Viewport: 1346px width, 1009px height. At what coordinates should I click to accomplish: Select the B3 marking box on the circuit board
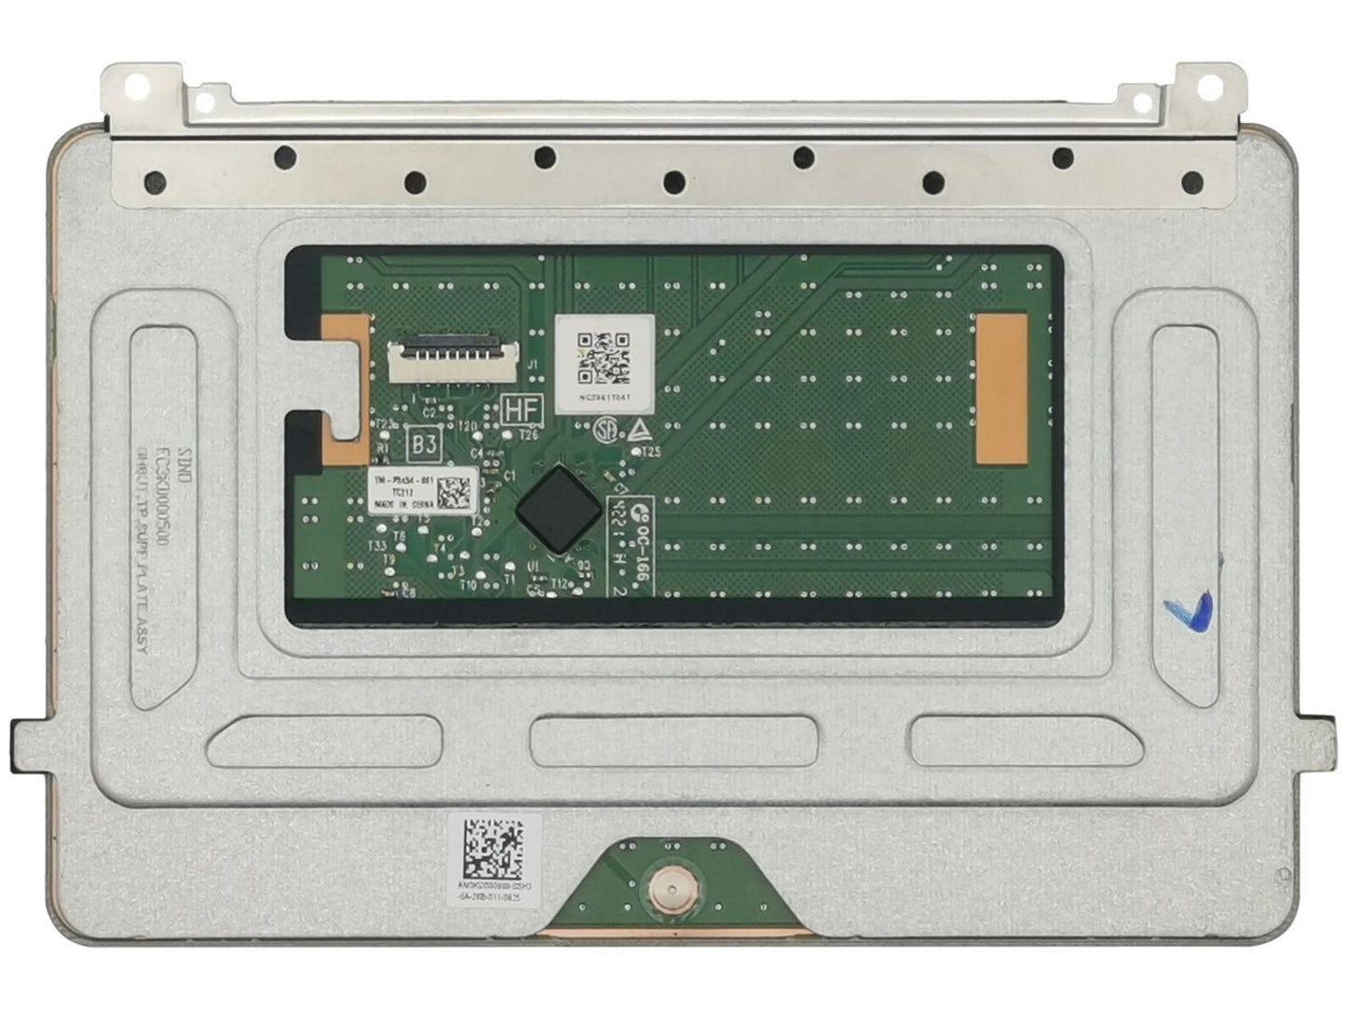(x=425, y=444)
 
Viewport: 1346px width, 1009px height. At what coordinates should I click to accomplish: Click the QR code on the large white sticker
(x=604, y=358)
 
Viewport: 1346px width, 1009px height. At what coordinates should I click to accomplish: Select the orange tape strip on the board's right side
(x=1000, y=388)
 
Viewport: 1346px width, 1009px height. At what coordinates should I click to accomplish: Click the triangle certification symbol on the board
(x=640, y=430)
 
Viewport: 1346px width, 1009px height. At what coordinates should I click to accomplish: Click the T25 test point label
(x=651, y=453)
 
